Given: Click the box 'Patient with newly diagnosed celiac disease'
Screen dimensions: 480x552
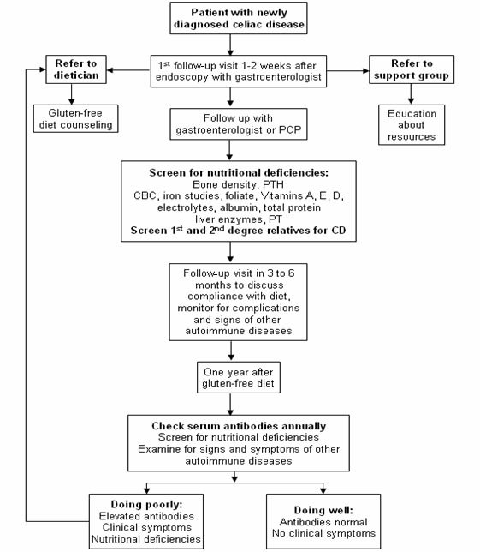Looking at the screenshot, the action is pos(239,18).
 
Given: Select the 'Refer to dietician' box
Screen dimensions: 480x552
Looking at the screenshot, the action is pos(76,69).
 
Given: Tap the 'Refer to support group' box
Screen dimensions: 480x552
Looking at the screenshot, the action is pos(412,69).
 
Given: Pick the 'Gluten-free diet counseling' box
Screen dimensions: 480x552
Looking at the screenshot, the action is pos(75,118).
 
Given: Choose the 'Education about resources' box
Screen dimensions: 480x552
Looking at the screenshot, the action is pos(412,124).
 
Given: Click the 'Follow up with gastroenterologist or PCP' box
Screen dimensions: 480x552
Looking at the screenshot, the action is pos(239,124).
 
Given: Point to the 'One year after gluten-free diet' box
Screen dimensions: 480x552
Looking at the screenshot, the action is pos(239,377).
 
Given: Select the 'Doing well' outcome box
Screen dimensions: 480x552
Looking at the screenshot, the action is pos(323,521).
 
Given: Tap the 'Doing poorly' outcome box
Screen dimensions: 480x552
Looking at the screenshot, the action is pos(146,521).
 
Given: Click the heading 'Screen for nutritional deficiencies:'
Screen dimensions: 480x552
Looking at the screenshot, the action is pos(239,172).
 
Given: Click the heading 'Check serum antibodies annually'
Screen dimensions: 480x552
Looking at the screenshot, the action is pos(239,426).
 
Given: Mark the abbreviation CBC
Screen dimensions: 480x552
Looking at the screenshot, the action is pos(145,195).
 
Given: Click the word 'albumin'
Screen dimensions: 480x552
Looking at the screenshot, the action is pos(239,207).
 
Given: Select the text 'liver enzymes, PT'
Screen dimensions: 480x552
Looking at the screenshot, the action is pos(239,219).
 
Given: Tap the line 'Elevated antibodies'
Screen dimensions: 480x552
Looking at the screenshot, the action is pos(146,516).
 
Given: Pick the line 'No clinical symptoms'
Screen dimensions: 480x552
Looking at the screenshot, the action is pos(323,533).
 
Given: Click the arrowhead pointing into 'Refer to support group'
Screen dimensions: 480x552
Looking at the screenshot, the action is pos(366,71).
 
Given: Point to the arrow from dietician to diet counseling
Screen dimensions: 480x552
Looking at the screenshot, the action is pos(71,94).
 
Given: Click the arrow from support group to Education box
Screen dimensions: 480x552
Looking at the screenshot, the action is pos(411,94).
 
